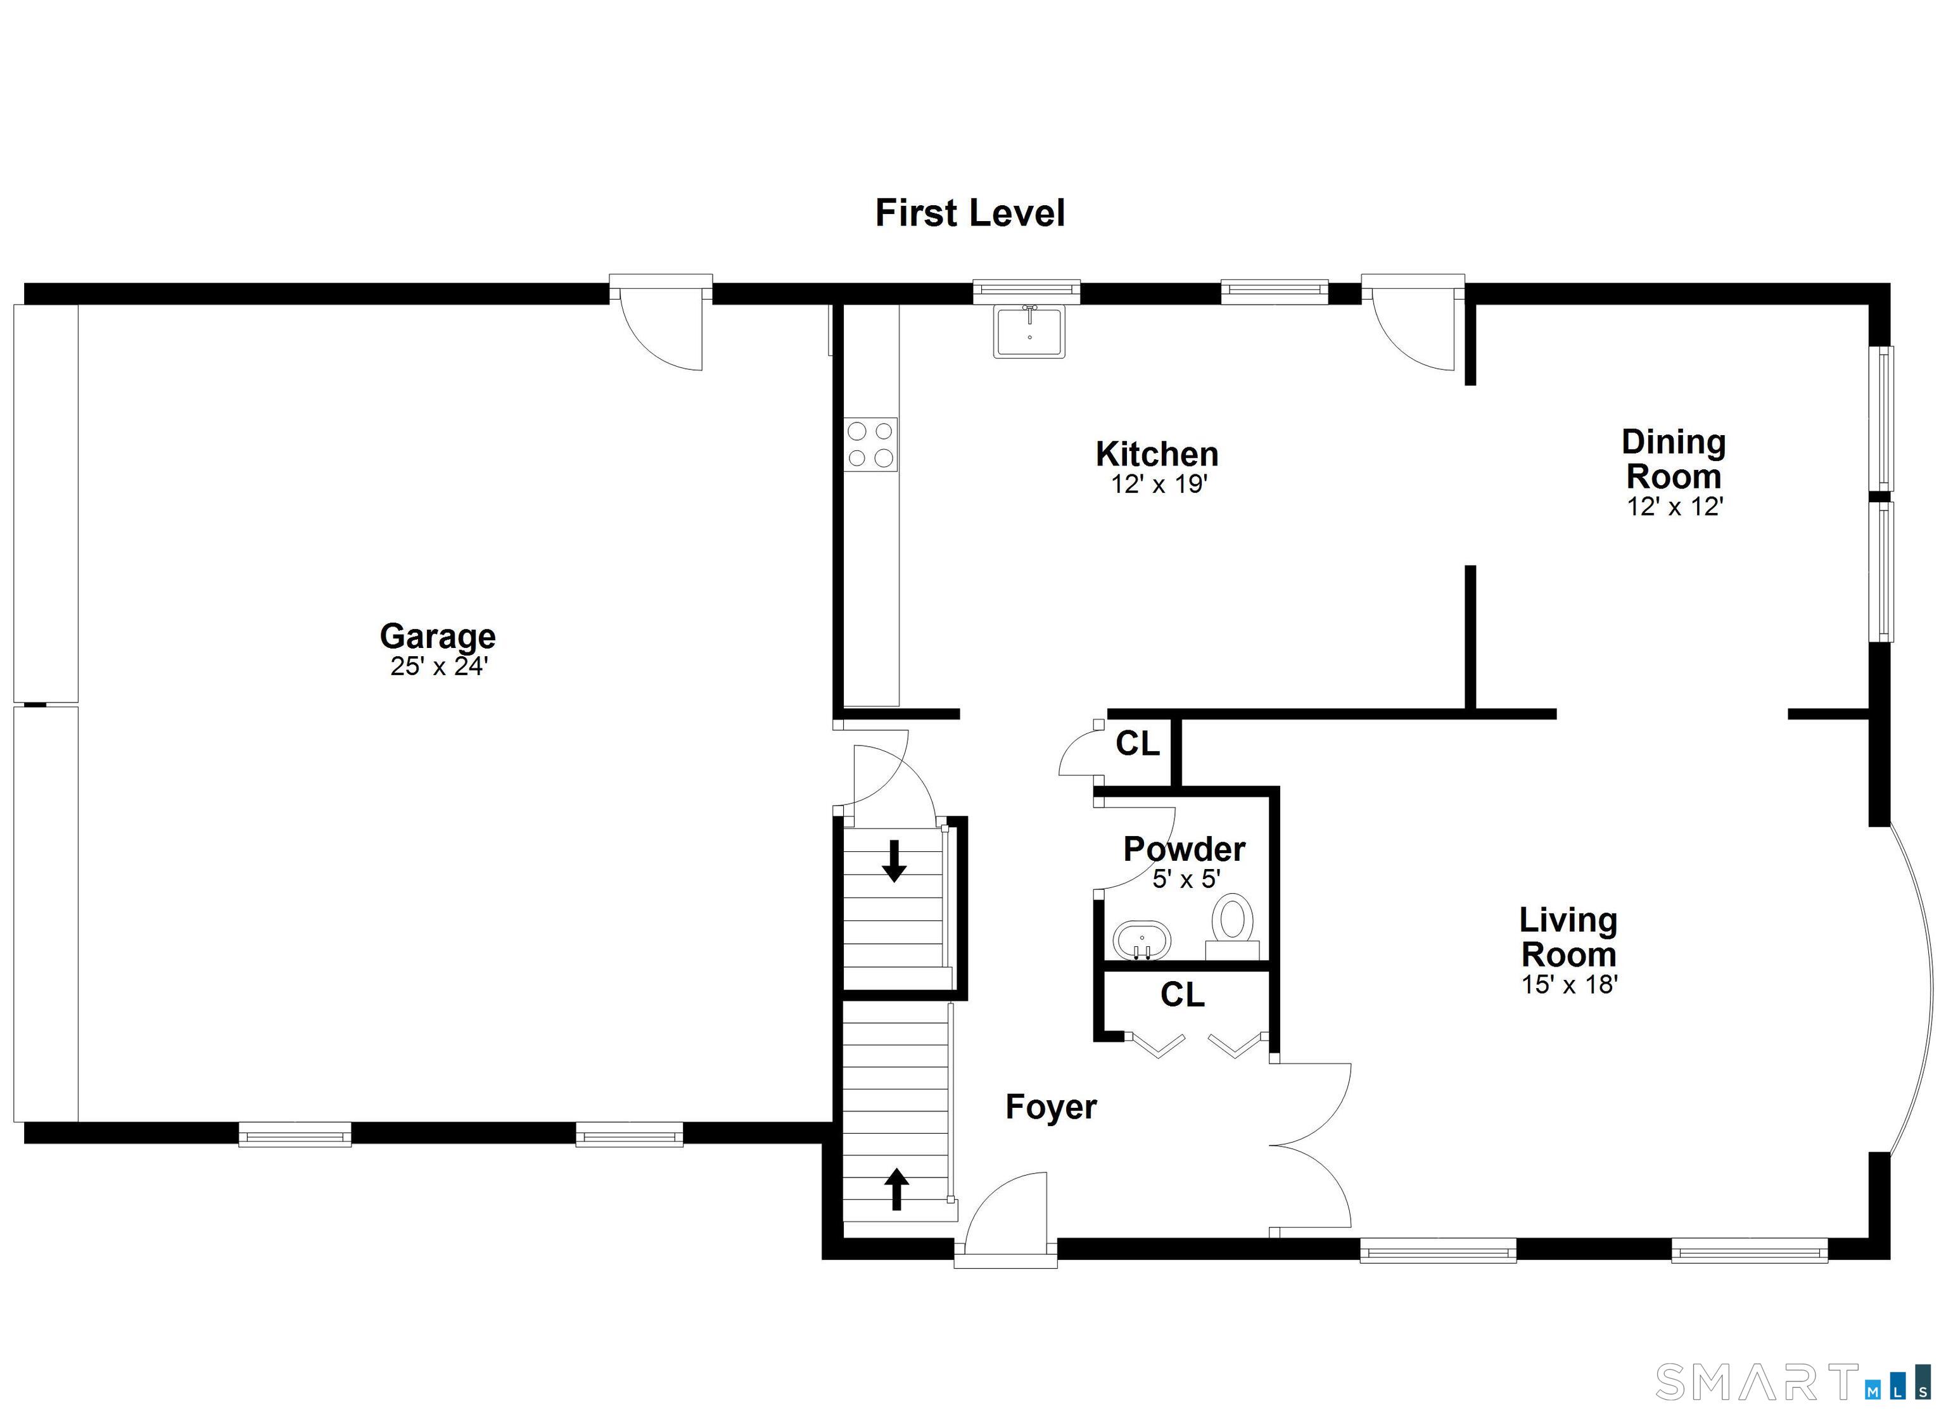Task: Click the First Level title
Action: pyautogui.click(x=970, y=213)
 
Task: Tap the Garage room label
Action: pyautogui.click(x=438, y=636)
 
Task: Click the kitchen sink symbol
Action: pyautogui.click(x=1029, y=332)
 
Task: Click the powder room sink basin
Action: pyautogui.click(x=1141, y=941)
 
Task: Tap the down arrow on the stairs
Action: pyautogui.click(x=894, y=861)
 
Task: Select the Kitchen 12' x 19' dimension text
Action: pyautogui.click(x=1159, y=485)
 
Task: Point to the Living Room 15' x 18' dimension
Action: pyautogui.click(x=1569, y=984)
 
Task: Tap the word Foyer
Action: pyautogui.click(x=1050, y=1107)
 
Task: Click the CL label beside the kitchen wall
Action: pyautogui.click(x=1137, y=743)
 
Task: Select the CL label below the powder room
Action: pyautogui.click(x=1181, y=994)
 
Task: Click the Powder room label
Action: pyautogui.click(x=1183, y=849)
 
